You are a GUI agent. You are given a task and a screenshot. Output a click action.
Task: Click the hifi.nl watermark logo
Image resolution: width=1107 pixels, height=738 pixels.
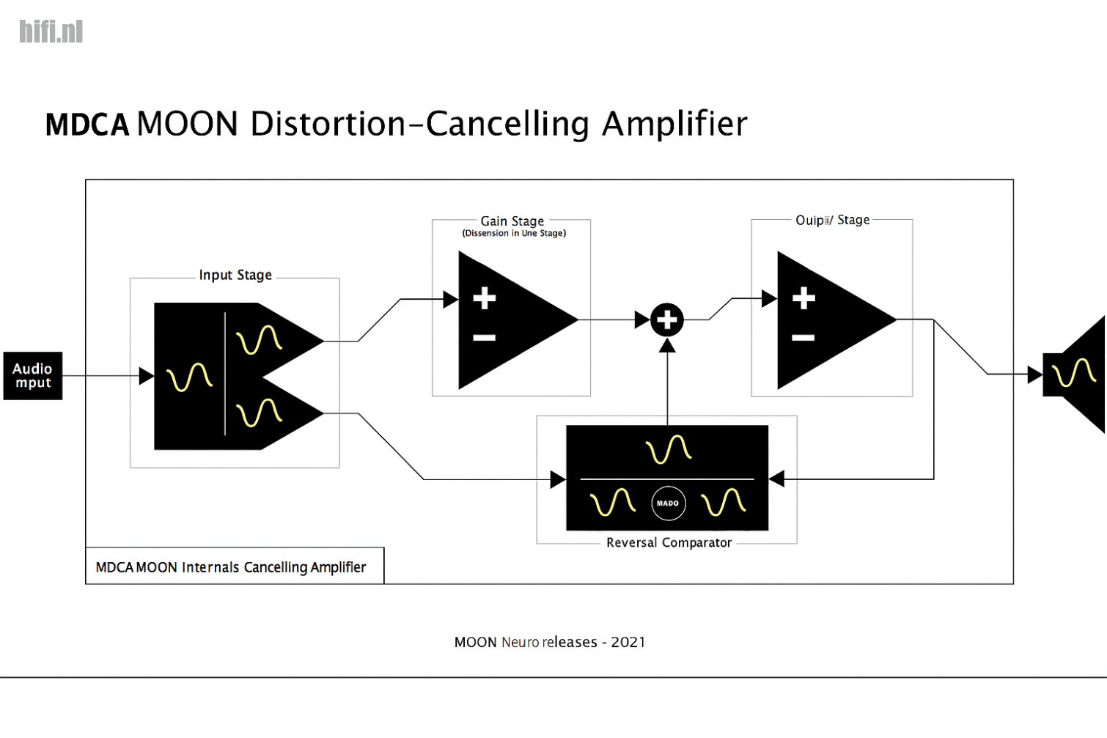pyautogui.click(x=51, y=32)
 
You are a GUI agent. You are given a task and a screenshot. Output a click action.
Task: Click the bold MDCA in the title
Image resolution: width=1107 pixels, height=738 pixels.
pyautogui.click(x=87, y=125)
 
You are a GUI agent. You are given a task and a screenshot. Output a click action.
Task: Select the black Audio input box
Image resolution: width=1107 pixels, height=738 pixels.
pyautogui.click(x=33, y=376)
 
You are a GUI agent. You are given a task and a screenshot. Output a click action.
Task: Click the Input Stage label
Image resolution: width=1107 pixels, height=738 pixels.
pyautogui.click(x=235, y=275)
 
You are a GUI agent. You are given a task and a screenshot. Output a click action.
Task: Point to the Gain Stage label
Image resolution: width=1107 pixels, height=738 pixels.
pyautogui.click(x=512, y=221)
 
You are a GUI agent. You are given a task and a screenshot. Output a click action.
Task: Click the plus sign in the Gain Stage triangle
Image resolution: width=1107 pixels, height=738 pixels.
pyautogui.click(x=484, y=298)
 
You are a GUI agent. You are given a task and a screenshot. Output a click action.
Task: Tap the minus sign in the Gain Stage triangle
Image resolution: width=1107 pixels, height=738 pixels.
pyautogui.click(x=484, y=338)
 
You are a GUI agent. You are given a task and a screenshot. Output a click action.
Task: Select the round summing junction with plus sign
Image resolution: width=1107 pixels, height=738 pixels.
pyautogui.click(x=667, y=320)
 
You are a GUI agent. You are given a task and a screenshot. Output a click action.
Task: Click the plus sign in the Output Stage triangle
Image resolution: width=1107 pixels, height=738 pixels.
pyautogui.click(x=803, y=298)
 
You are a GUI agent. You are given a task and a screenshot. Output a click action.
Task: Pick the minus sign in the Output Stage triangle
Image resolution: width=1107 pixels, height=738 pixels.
pyautogui.click(x=803, y=338)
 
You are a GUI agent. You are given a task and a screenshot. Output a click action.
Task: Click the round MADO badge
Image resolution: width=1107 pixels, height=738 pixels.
pyautogui.click(x=668, y=503)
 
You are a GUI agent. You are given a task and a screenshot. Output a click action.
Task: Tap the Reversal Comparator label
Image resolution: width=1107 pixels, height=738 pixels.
pyautogui.click(x=669, y=543)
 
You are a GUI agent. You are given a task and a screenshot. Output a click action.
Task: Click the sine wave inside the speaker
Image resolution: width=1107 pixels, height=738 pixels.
pyautogui.click(x=1073, y=373)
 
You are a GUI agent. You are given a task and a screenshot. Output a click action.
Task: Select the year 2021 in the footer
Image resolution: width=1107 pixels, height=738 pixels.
pyautogui.click(x=628, y=643)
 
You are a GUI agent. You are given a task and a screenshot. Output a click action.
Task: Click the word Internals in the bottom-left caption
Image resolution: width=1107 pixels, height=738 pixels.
pyautogui.click(x=210, y=567)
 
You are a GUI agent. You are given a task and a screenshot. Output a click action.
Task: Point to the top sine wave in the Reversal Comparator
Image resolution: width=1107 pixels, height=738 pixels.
pyautogui.click(x=668, y=449)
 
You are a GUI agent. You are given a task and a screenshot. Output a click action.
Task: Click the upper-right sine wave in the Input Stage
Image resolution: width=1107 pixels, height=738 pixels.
pyautogui.click(x=259, y=340)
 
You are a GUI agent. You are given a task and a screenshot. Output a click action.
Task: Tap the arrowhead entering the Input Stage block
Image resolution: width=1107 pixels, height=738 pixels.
pyautogui.click(x=147, y=376)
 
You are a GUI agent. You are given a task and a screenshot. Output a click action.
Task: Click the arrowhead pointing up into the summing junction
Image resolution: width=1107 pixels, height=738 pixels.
pyautogui.click(x=667, y=345)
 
